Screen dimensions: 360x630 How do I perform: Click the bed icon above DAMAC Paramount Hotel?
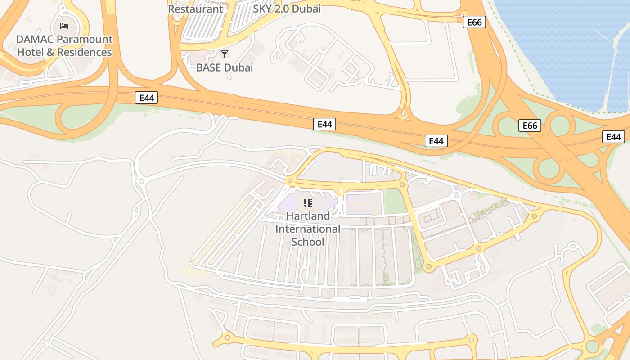click(64, 25)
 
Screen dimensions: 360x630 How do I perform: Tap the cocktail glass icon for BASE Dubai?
click(225, 54)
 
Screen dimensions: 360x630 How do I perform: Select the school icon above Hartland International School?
click(308, 203)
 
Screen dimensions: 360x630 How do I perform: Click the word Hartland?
click(308, 216)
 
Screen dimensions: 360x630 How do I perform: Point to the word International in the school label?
click(308, 229)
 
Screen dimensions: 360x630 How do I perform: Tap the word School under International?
click(308, 242)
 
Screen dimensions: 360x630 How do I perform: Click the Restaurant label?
click(196, 9)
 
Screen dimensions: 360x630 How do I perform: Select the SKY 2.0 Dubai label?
click(287, 9)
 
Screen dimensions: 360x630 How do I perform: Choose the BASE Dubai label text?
click(225, 68)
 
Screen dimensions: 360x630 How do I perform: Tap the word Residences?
click(84, 52)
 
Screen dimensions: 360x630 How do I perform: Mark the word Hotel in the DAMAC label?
click(31, 52)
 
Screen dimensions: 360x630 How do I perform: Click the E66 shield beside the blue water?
click(474, 22)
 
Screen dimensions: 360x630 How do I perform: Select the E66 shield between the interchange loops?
click(530, 126)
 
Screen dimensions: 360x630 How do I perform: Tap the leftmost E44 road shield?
click(146, 98)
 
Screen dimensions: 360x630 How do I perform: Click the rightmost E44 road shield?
click(613, 137)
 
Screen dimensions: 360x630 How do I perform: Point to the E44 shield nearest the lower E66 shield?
click(436, 141)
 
